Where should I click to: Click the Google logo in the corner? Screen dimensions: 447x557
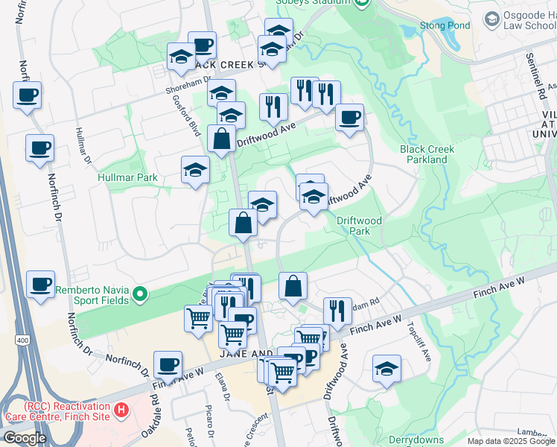point(25,438)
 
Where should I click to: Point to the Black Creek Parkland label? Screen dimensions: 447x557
point(427,154)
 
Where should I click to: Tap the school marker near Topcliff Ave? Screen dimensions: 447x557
point(386,369)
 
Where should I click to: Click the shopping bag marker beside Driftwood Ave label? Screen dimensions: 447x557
point(222,139)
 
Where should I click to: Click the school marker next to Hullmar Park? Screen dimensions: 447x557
point(195,169)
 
